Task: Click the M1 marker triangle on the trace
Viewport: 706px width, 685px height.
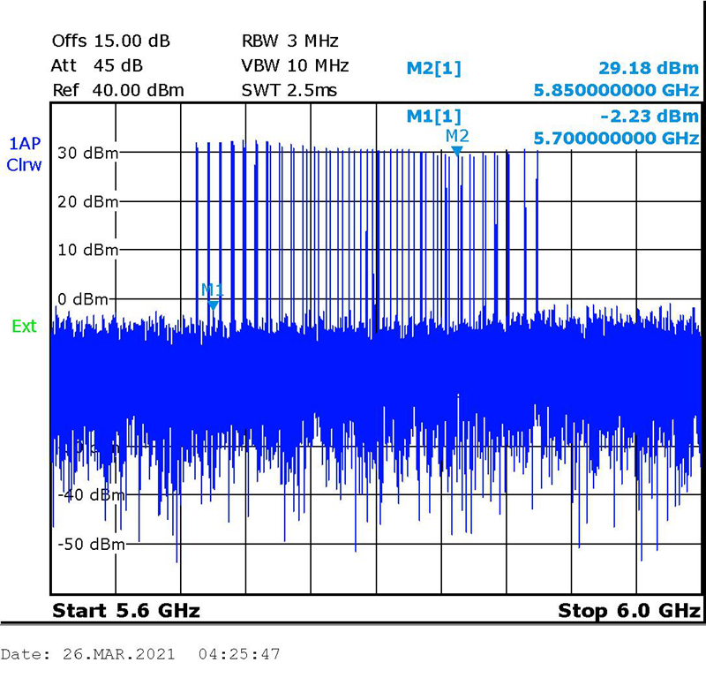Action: pos(213,304)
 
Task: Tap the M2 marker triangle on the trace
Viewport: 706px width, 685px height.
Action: pos(457,151)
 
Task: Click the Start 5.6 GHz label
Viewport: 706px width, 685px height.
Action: pos(126,611)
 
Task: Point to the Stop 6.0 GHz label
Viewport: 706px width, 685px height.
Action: pos(629,611)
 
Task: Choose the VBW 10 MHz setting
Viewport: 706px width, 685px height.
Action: pos(295,65)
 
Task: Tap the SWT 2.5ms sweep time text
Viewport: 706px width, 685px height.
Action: pos(289,90)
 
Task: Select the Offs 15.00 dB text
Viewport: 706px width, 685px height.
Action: pos(111,41)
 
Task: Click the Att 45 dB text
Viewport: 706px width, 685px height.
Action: pos(97,65)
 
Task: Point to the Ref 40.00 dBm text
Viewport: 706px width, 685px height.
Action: pos(118,90)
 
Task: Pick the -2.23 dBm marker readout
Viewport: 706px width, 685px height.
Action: pos(654,116)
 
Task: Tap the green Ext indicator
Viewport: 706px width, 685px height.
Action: pos(24,327)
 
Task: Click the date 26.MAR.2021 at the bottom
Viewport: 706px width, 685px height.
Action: pos(117,655)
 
